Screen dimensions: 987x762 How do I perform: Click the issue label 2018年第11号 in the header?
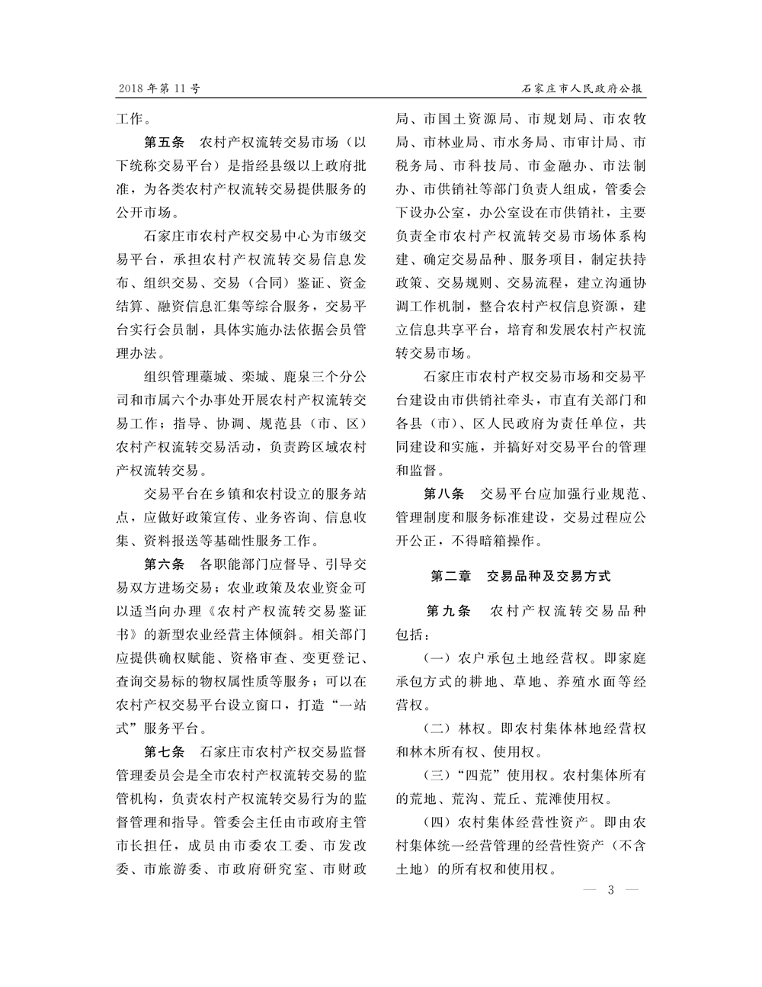158,89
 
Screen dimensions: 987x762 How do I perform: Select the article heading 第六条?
164,565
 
